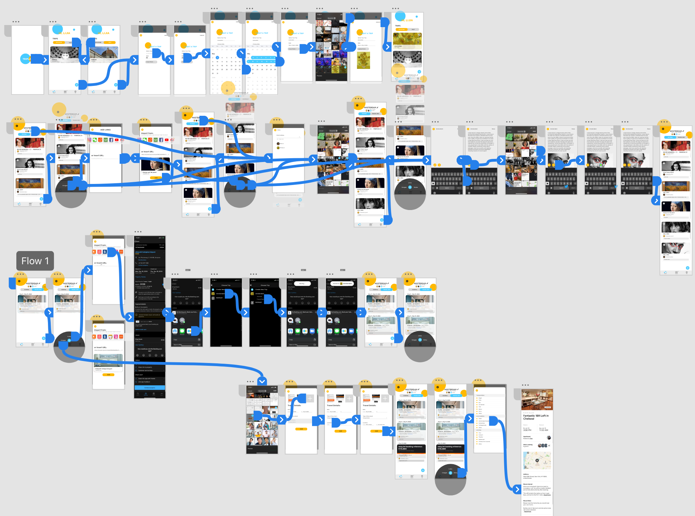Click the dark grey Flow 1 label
tap(35, 261)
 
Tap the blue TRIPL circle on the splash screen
tap(25, 59)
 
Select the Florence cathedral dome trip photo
tap(104, 53)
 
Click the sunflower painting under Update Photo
tap(363, 60)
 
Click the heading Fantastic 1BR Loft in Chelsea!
tap(536, 417)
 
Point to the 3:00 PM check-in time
tap(527, 430)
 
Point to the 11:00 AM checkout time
tap(543, 430)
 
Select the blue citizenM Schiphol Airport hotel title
tap(145, 252)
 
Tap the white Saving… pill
tap(302, 283)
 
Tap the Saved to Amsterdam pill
tap(342, 283)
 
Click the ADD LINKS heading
tap(105, 130)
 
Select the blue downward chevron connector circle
tap(262, 381)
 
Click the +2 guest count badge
tap(549, 445)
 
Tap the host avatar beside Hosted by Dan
tap(549, 437)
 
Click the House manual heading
tap(528, 484)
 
